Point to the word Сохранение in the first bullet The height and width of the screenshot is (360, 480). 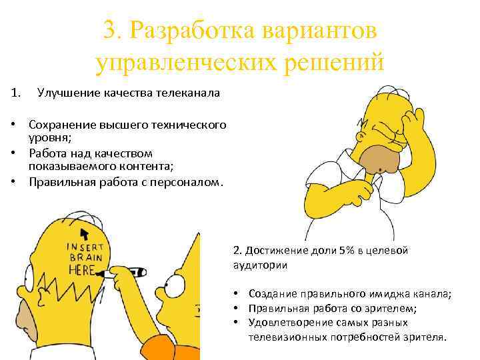(x=62, y=125)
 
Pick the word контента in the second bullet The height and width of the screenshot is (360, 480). (x=145, y=166)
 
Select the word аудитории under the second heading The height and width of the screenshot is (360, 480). (x=260, y=265)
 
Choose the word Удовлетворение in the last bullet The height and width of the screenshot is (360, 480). (x=291, y=323)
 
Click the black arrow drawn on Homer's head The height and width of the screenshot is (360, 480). (x=85, y=234)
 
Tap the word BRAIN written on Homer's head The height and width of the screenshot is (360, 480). (x=86, y=257)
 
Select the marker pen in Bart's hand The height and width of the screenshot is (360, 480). (x=123, y=273)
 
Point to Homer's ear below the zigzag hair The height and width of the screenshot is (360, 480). (x=43, y=295)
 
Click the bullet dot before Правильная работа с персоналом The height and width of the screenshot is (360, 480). (x=13, y=182)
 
